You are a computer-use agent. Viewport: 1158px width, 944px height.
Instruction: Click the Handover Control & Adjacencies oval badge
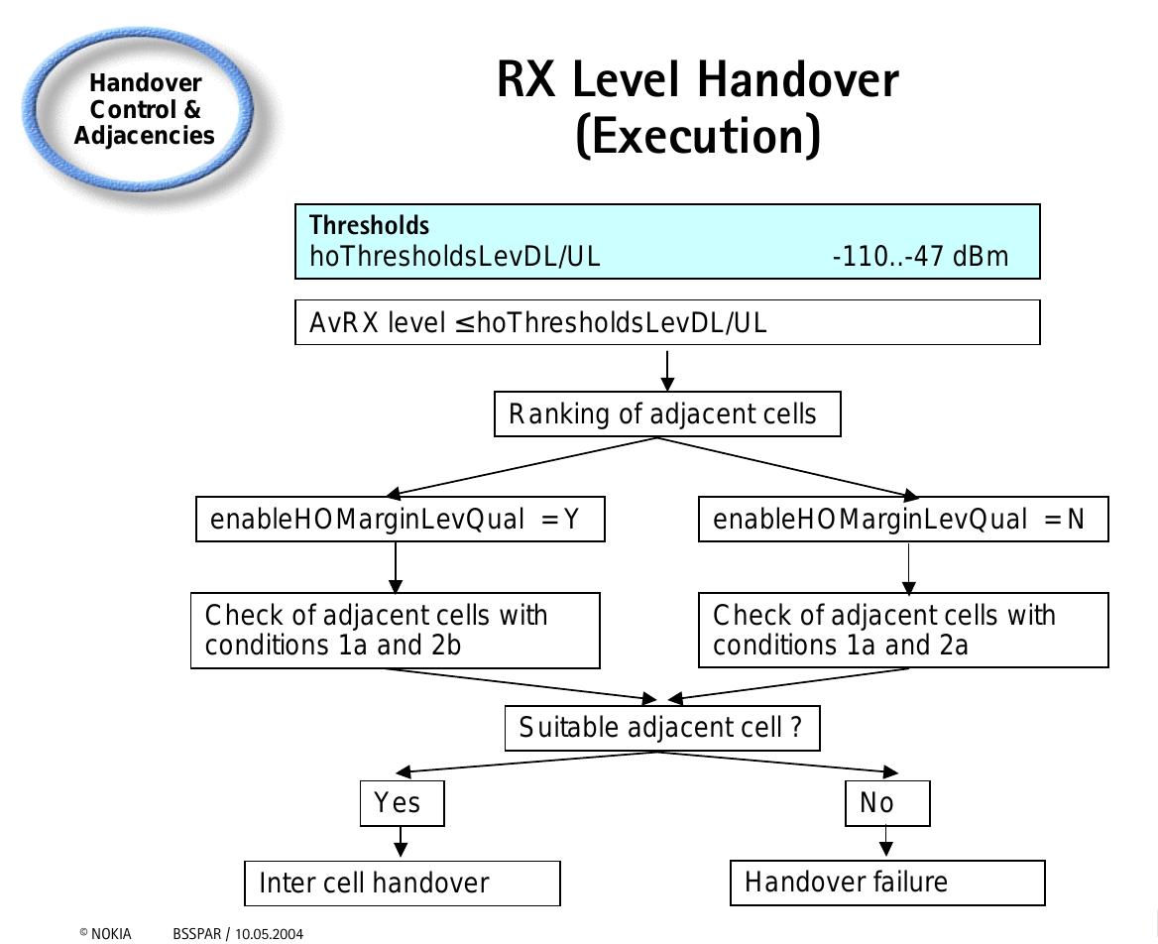pos(145,110)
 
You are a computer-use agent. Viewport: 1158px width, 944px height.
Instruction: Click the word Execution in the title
pos(698,137)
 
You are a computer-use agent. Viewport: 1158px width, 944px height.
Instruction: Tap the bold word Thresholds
pos(369,225)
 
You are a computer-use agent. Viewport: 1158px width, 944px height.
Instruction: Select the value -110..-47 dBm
pos(919,257)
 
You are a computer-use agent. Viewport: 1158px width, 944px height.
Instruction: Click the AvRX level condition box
pos(667,322)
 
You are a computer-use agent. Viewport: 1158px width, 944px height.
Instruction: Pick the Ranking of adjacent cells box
pos(667,413)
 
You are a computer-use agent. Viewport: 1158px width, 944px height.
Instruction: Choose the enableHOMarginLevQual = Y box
pos(401,520)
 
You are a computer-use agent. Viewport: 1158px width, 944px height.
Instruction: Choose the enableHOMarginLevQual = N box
pos(903,520)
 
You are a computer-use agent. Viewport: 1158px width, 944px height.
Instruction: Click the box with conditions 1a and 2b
pos(396,631)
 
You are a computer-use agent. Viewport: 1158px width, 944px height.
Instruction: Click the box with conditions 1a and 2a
pos(903,631)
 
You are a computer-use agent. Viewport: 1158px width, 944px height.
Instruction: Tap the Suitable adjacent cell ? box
pos(662,728)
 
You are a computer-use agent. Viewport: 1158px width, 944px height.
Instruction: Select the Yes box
pos(402,803)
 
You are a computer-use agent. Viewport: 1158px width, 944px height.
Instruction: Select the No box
pos(887,803)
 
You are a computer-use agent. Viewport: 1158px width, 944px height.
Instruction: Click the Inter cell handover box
pos(402,883)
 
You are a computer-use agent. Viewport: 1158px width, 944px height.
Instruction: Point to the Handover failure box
pos(887,883)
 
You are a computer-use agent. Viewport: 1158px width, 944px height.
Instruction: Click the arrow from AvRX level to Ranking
pos(667,370)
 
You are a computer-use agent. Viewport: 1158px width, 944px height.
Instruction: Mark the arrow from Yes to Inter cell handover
pos(401,843)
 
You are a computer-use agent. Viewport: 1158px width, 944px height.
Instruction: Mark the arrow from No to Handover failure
pos(886,843)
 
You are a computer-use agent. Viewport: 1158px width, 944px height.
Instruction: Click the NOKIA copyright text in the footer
pos(105,933)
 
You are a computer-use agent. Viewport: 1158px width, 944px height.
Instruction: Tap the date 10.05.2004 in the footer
pos(269,933)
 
